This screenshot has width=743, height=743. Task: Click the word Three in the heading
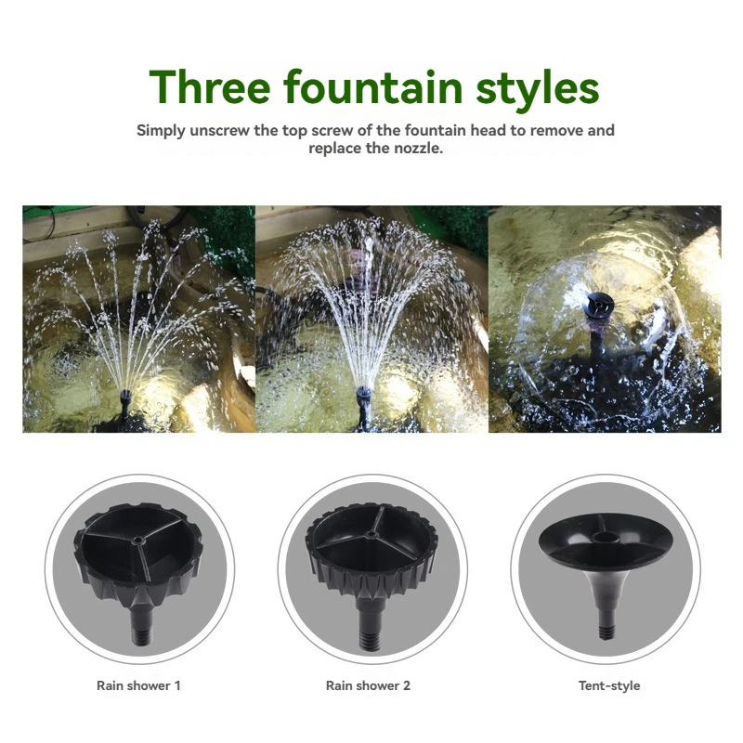[210, 86]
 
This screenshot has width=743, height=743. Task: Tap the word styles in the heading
[538, 89]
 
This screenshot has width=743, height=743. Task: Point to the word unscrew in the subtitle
[219, 130]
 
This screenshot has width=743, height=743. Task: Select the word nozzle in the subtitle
[422, 149]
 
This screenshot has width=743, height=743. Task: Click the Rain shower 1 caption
[138, 685]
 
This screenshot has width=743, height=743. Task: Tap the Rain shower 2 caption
[368, 685]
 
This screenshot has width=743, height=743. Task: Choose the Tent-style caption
[609, 685]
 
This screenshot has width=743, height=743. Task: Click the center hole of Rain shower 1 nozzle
[137, 540]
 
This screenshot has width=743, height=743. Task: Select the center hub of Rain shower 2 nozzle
[371, 535]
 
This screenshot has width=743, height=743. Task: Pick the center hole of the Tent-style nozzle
[605, 537]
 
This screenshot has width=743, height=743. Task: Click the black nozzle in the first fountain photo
[125, 401]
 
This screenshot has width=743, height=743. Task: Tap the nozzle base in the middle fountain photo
[363, 401]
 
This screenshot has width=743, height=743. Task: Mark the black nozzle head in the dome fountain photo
[599, 305]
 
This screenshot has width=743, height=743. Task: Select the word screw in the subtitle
[328, 131]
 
